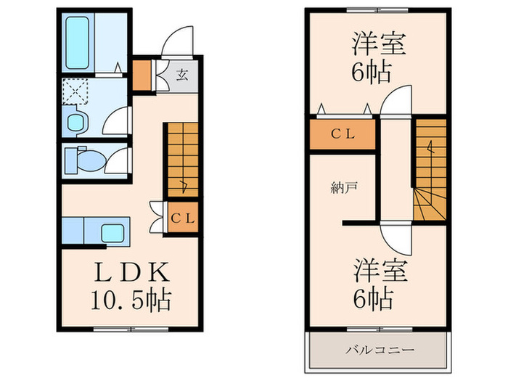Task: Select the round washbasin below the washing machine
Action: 75,121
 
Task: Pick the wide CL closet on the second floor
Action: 342,134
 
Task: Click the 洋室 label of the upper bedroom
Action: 378,43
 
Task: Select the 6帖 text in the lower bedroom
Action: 374,298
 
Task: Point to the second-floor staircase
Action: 430,171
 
